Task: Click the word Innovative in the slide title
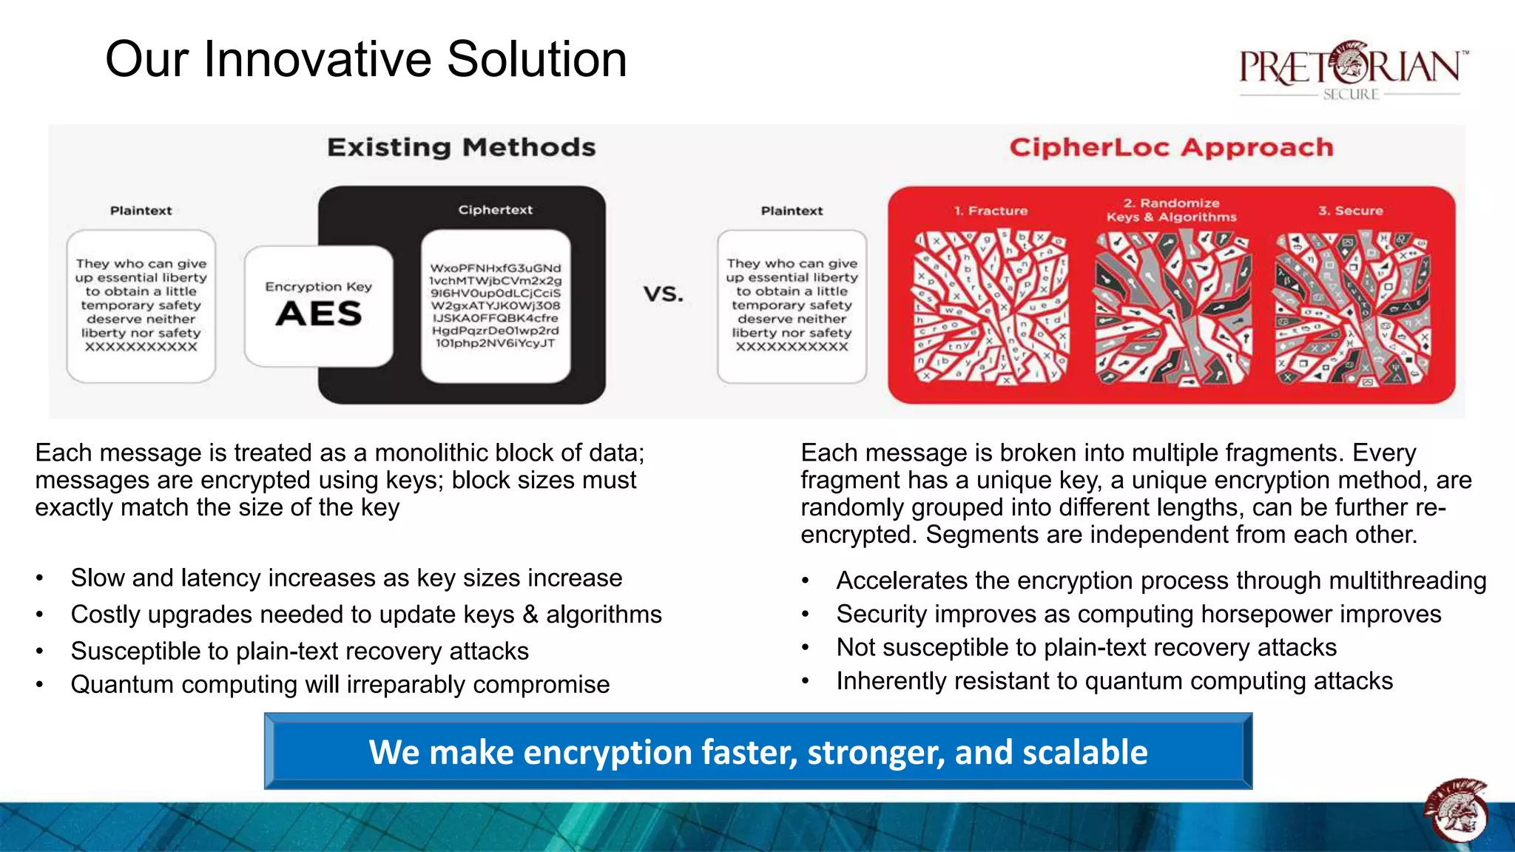point(319,59)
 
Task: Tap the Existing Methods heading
point(461,147)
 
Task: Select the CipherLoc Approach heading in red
point(1171,147)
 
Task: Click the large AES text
point(319,314)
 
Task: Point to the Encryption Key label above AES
point(319,286)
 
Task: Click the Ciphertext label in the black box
point(495,210)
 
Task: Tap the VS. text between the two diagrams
point(663,294)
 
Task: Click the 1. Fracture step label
point(991,211)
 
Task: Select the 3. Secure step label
point(1350,211)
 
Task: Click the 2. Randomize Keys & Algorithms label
point(1171,210)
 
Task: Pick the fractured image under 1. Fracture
point(991,307)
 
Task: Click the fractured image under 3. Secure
point(1352,307)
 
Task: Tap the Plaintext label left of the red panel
point(792,211)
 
